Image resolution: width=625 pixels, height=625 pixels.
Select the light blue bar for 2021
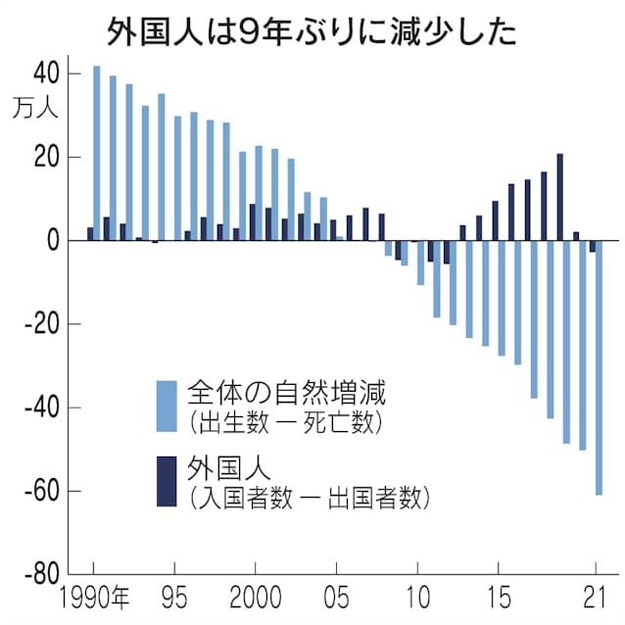coord(599,367)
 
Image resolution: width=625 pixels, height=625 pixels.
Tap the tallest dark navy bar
coord(559,197)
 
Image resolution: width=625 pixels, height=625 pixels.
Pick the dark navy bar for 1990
coord(90,234)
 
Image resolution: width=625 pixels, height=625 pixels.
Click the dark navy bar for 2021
coord(592,246)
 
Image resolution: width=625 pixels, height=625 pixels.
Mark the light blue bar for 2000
coord(259,193)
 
